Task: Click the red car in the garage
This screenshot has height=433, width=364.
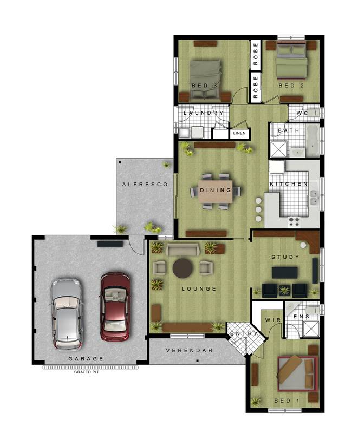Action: [x=115, y=306]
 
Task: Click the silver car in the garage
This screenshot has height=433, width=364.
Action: [x=67, y=313]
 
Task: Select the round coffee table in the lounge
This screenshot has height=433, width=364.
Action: [x=182, y=267]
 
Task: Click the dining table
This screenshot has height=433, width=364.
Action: [x=216, y=191]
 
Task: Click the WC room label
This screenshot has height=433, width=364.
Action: [x=302, y=113]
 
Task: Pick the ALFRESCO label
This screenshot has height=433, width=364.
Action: [x=141, y=185]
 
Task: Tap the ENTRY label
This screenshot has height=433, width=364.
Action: [x=243, y=334]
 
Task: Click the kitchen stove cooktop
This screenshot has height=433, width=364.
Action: [x=295, y=221]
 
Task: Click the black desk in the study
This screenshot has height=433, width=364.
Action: [x=284, y=272]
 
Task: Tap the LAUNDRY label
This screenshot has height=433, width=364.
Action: [x=203, y=113]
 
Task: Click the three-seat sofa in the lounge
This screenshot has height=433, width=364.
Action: [x=183, y=249]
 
